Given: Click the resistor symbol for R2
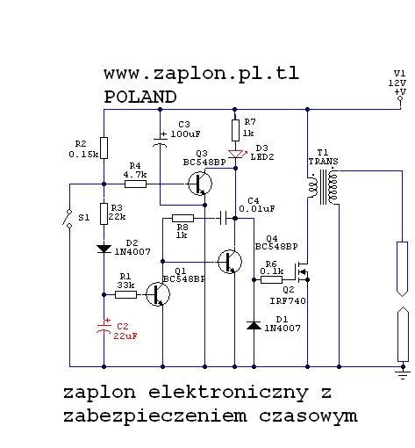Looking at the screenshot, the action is pyautogui.click(x=104, y=148).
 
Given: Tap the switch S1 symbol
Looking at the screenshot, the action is pyautogui.click(x=68, y=218).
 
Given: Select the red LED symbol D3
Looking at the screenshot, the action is pyautogui.click(x=236, y=155).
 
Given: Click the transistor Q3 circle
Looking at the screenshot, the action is pyautogui.click(x=200, y=184).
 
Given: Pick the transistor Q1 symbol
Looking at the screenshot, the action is pyautogui.click(x=158, y=294).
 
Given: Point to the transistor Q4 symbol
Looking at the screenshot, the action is pyautogui.click(x=230, y=262).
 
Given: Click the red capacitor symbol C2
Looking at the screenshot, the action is pyautogui.click(x=104, y=327).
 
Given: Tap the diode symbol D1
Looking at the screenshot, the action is pyautogui.click(x=254, y=325).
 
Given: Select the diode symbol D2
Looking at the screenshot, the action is pyautogui.click(x=104, y=249).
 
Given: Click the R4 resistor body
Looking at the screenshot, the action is pyautogui.click(x=135, y=184).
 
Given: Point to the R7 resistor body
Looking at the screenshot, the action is pyautogui.click(x=235, y=130).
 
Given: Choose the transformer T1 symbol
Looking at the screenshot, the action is pyautogui.click(x=323, y=187).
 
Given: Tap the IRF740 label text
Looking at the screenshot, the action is pyautogui.click(x=288, y=301).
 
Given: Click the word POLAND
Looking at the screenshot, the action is pyautogui.click(x=140, y=97).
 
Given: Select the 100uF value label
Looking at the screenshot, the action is pyautogui.click(x=185, y=134).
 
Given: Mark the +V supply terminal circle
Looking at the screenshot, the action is pyautogui.click(x=400, y=98).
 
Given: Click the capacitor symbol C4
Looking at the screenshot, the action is pyautogui.click(x=224, y=218).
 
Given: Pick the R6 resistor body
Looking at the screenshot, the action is pyautogui.click(x=272, y=279).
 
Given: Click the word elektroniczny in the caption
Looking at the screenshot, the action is pyautogui.click(x=229, y=393).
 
